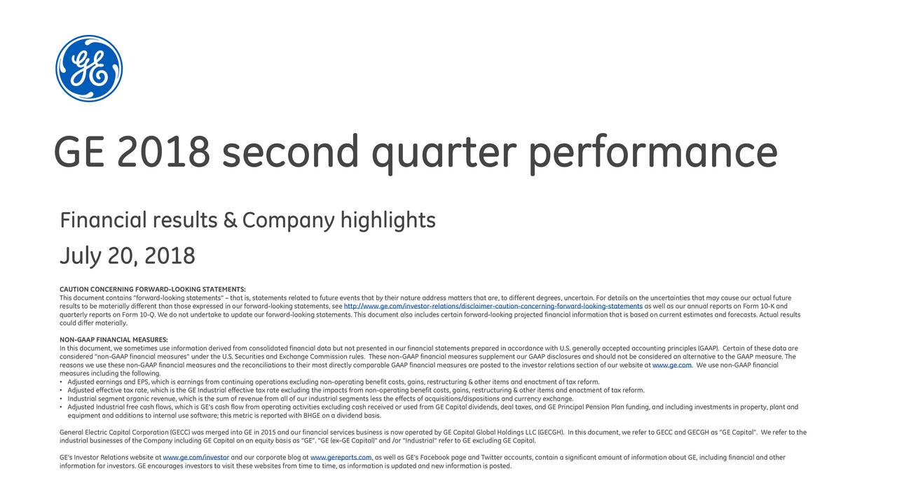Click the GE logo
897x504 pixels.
[89, 69]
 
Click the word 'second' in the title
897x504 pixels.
[290, 152]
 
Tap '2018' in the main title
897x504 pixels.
[163, 152]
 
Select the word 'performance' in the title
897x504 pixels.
[652, 152]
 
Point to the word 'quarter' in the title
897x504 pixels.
[443, 152]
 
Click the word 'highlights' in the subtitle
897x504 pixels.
[388, 221]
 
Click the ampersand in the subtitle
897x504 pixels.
[230, 221]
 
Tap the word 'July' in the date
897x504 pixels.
[79, 257]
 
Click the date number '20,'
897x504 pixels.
[123, 256]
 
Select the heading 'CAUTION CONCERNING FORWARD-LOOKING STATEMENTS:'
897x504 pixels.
[152, 289]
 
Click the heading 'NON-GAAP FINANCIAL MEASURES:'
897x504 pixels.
[114, 339]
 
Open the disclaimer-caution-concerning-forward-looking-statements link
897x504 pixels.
[493, 306]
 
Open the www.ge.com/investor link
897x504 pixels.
[196, 458]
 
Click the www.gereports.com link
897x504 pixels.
[341, 458]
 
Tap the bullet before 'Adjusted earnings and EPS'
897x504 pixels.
[62, 381]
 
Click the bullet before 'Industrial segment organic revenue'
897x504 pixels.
[62, 398]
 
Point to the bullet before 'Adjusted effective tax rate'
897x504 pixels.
[62, 390]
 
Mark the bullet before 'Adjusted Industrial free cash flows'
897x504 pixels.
[62, 407]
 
